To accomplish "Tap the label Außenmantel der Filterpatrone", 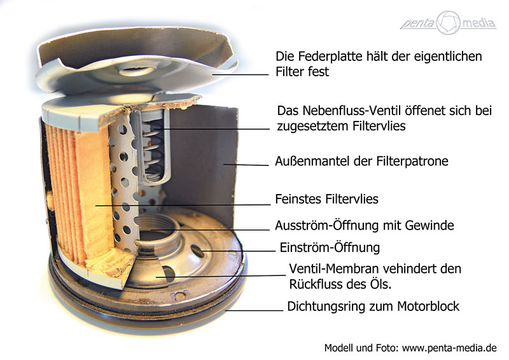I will pyautogui.click(x=361, y=162).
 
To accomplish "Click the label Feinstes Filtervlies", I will pyautogui.click(x=326, y=199).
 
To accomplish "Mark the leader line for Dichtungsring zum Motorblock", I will pyautogui.click(x=254, y=310).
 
